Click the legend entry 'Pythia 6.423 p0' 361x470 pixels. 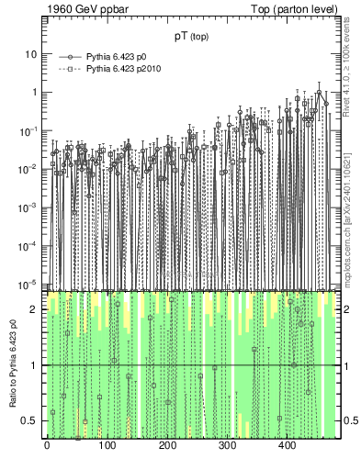click(118, 57)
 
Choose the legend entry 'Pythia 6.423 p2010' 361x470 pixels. click(124, 69)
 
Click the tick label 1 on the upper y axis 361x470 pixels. click(34, 92)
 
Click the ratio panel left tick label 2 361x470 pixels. click(34, 309)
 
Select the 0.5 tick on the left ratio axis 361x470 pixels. click(30, 420)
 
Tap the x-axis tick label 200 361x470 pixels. click(166, 446)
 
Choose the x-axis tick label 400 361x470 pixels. click(287, 446)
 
